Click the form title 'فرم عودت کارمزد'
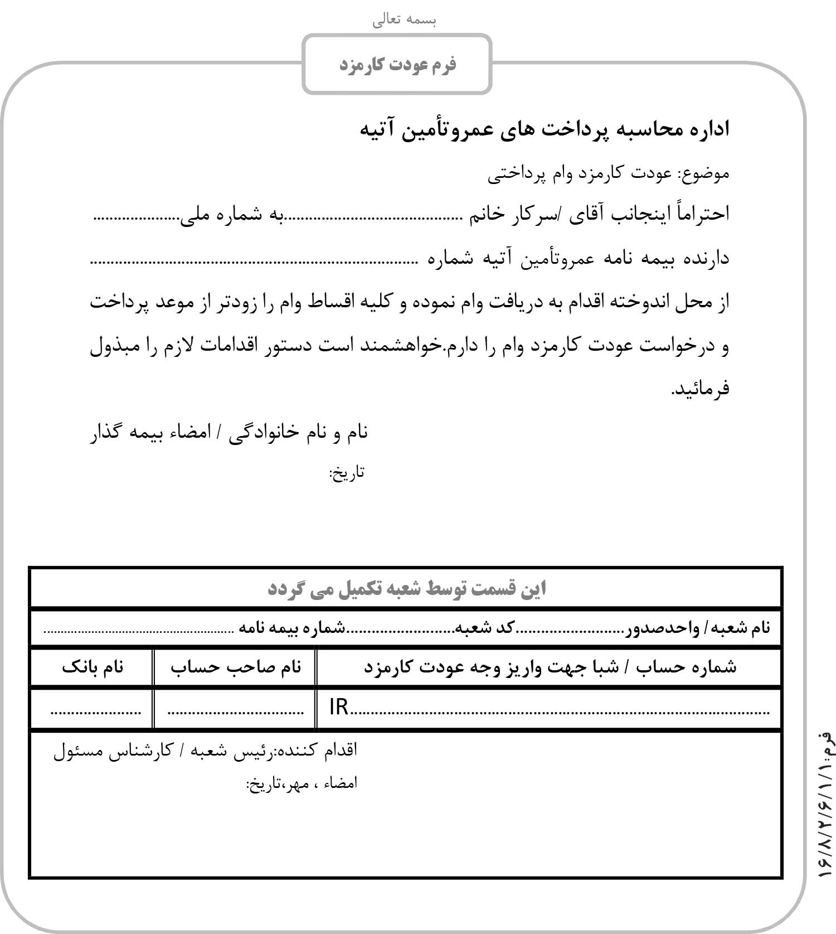click(x=397, y=65)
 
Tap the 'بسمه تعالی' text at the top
click(x=405, y=20)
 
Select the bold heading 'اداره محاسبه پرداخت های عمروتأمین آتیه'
click(x=544, y=129)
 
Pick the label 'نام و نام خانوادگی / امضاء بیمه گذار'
click(x=229, y=433)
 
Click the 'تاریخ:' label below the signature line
click(x=347, y=473)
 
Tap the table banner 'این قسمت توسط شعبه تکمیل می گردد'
click(x=406, y=589)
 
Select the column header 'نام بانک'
click(x=93, y=667)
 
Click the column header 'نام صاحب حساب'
click(x=236, y=667)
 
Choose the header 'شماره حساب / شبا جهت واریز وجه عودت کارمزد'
click(x=550, y=667)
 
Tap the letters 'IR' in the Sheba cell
click(x=339, y=708)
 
